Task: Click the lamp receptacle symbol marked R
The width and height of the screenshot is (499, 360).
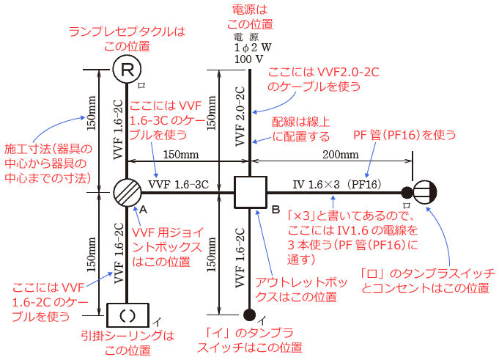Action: click(x=127, y=70)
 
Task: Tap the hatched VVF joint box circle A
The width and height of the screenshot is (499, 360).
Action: click(x=127, y=194)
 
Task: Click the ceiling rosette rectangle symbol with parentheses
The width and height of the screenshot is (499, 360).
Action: click(x=127, y=316)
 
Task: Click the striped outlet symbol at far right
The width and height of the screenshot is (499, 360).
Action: click(x=425, y=194)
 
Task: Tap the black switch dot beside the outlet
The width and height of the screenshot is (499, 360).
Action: click(x=406, y=194)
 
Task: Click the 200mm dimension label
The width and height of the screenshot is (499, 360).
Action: click(x=341, y=155)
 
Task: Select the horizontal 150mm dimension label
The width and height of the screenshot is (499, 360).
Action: click(x=180, y=155)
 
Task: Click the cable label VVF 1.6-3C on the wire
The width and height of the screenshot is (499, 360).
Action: click(x=180, y=184)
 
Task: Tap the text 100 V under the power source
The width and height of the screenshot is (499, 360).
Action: click(x=248, y=58)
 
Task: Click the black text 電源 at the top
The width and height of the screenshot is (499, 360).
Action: click(x=248, y=37)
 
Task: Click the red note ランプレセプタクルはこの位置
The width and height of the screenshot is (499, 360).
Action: click(x=127, y=39)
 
